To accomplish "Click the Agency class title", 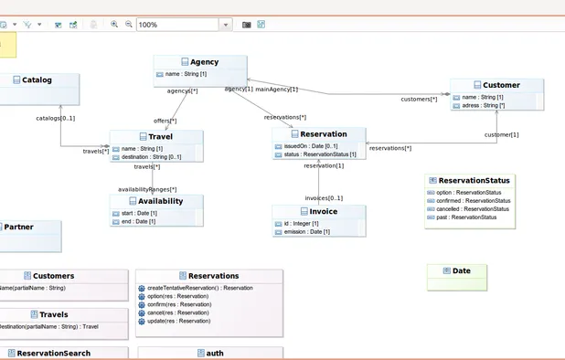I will click(x=203, y=62).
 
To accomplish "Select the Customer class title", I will click(x=501, y=85).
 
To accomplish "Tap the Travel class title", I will click(x=160, y=137).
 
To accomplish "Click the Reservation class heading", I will click(x=323, y=134).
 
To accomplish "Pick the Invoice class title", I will click(x=323, y=211).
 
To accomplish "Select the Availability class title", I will click(x=160, y=201).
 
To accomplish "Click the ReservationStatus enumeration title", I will click(x=474, y=181).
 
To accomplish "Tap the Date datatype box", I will click(x=461, y=270).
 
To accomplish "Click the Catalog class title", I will click(x=37, y=79).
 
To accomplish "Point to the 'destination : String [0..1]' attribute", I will click(x=151, y=157).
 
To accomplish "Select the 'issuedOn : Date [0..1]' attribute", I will click(x=311, y=146).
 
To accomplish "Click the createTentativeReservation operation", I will click(x=199, y=288).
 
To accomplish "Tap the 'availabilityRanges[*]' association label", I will click(x=146, y=189).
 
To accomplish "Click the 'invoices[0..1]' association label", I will click(x=324, y=197).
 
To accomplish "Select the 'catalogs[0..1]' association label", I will click(x=56, y=118).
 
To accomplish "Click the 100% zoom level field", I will click(x=177, y=25).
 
